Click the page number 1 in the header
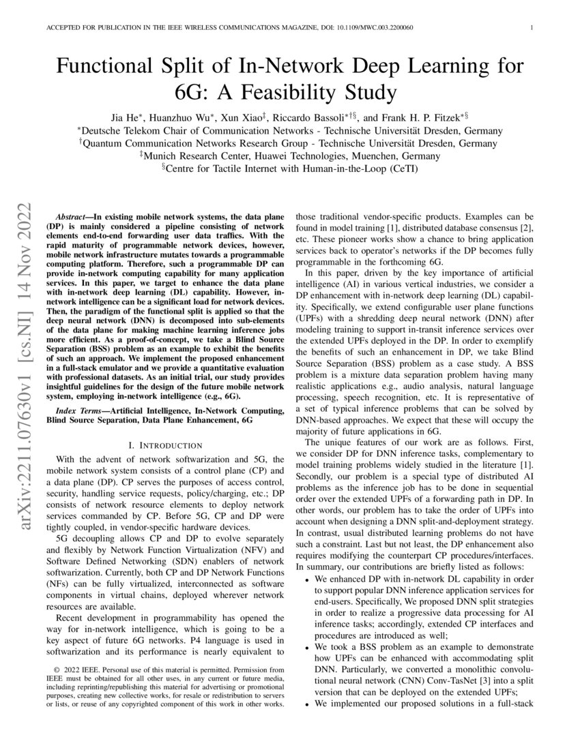coord(530,27)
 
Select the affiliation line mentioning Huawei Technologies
coord(289,156)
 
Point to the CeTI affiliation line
coord(289,169)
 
